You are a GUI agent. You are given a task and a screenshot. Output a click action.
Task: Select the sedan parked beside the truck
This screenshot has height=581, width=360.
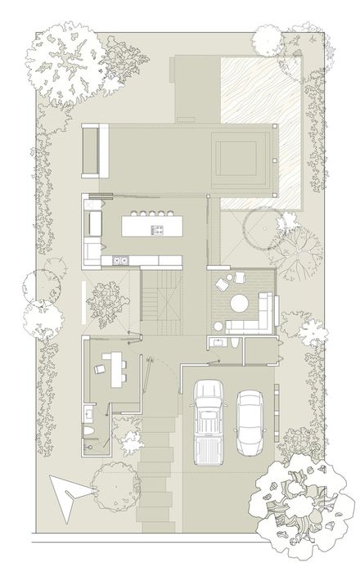[x=250, y=421]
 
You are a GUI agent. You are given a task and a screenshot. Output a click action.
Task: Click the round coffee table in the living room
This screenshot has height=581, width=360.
[x=239, y=304]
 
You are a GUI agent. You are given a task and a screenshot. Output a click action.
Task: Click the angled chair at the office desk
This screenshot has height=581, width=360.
[x=100, y=371]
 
